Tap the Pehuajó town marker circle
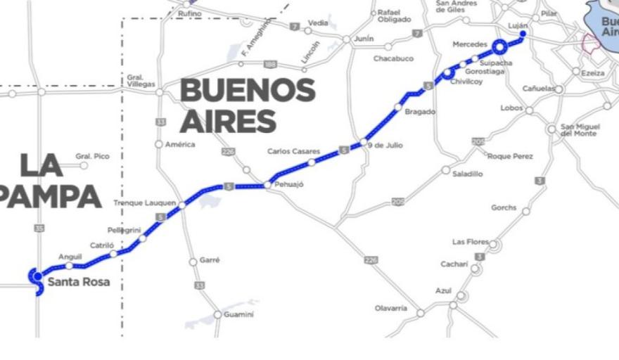[267, 185]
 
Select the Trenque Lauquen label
[144, 203]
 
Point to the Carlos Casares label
[293, 151]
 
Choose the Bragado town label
[420, 112]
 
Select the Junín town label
[364, 39]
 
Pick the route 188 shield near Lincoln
[270, 65]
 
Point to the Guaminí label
[238, 314]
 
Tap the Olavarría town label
[390, 308]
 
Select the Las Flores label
[470, 242]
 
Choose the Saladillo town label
[467, 174]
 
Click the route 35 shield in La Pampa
[39, 229]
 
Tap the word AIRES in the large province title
[227, 121]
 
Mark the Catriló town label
[102, 245]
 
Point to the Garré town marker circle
[193, 262]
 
